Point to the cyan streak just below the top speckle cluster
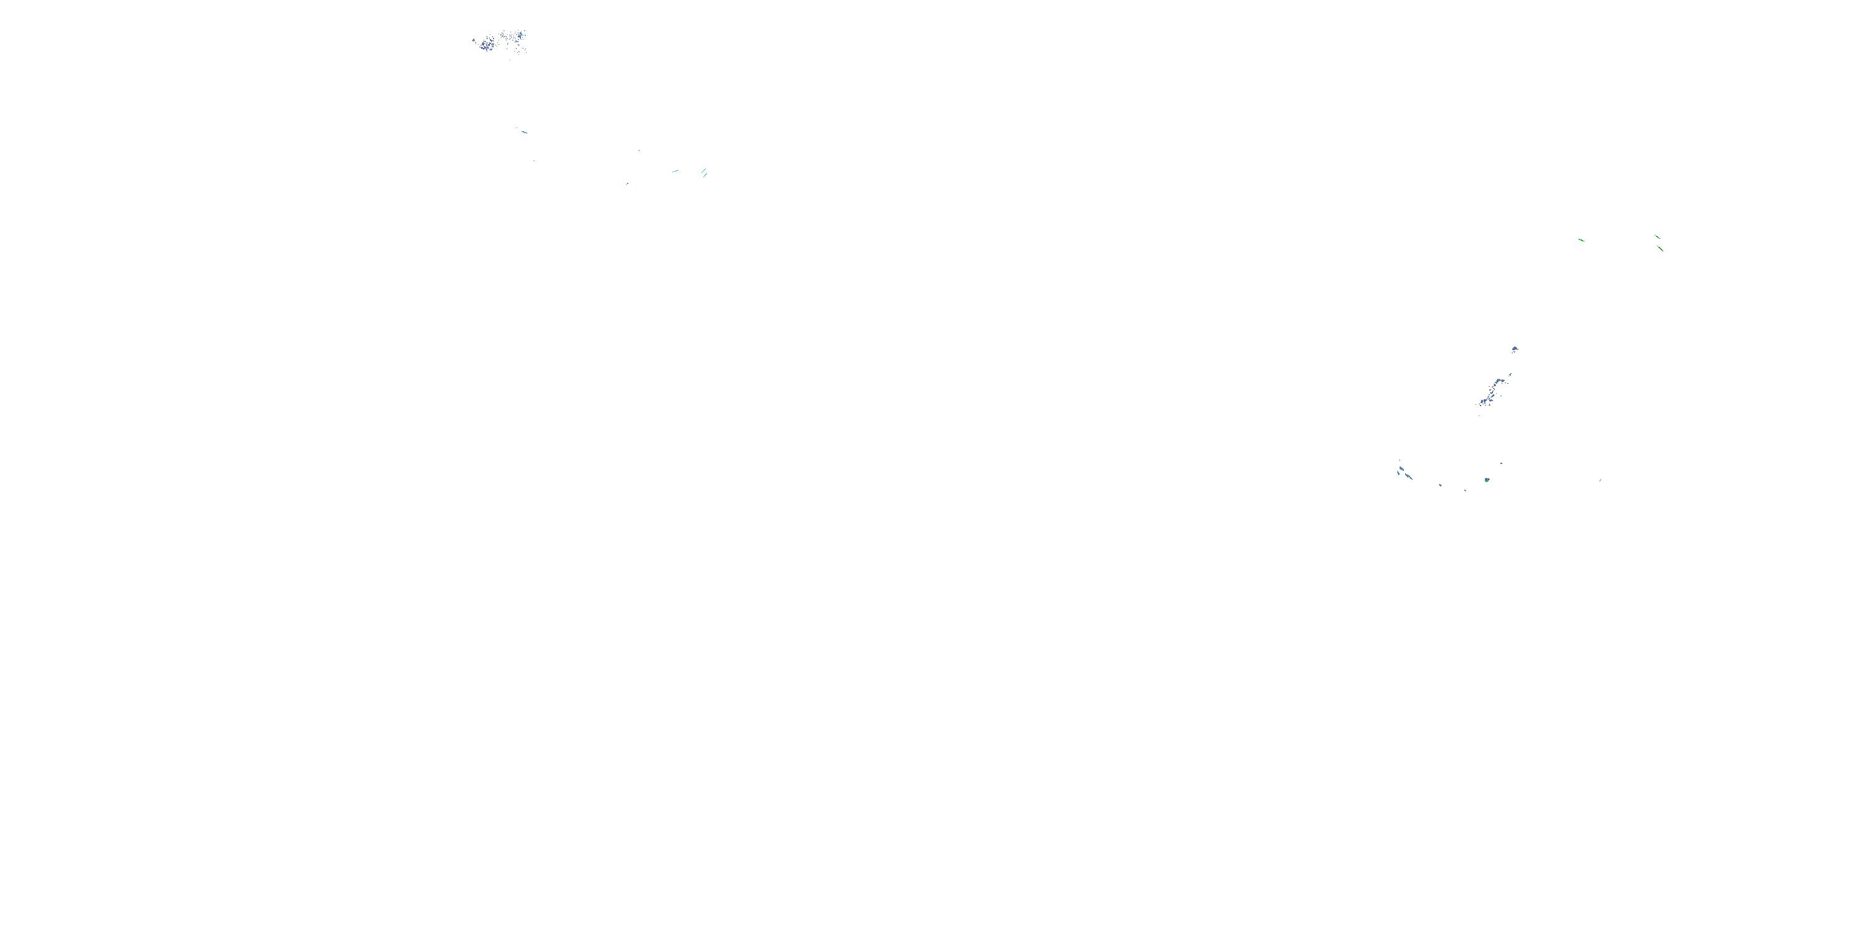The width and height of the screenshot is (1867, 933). (524, 132)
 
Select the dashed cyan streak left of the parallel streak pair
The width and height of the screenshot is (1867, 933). (675, 171)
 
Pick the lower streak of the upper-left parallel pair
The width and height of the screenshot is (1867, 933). (704, 175)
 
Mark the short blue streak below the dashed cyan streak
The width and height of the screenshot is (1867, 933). (628, 183)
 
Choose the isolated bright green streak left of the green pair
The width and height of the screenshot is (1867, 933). (1581, 239)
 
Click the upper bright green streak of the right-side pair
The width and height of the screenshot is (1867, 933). (1657, 236)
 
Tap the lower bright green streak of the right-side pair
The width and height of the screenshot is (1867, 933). (1660, 248)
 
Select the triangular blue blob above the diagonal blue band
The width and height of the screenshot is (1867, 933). (1515, 349)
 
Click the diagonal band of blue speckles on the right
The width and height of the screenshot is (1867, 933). (1491, 391)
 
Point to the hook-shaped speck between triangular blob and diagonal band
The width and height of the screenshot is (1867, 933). (1510, 374)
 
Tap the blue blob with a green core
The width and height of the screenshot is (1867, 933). (1487, 480)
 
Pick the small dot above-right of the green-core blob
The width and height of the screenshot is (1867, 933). (1501, 463)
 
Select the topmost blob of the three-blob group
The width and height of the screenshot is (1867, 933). (1401, 468)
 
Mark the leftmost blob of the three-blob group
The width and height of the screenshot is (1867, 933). (1398, 473)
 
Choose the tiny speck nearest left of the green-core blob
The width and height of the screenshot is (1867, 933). (1465, 490)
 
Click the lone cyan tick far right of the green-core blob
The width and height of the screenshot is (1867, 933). (1600, 480)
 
